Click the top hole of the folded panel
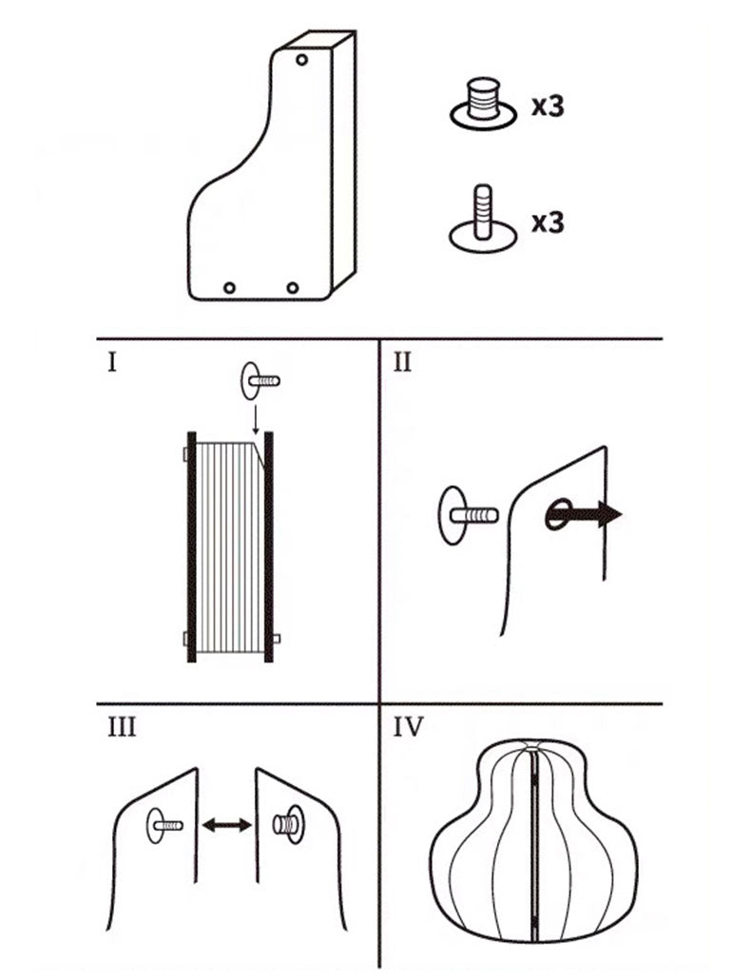[x=301, y=60]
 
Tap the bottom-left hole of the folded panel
[x=229, y=288]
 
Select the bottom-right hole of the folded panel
[x=293, y=288]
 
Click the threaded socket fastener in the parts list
[x=484, y=105]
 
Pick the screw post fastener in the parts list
[x=484, y=219]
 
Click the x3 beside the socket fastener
[x=548, y=106]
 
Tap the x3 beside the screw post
[x=548, y=222]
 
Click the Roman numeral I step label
[x=112, y=362]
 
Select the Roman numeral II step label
[x=403, y=362]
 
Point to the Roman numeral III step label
[x=122, y=727]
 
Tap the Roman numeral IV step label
[x=409, y=727]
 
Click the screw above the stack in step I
[x=260, y=380]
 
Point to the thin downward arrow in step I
[x=255, y=418]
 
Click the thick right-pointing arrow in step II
[x=584, y=514]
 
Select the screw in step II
[x=469, y=516]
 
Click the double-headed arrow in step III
[x=227, y=825]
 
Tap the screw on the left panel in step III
[x=164, y=825]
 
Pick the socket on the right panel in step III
[x=289, y=825]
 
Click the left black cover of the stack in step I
[x=191, y=547]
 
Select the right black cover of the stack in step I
[x=269, y=547]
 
